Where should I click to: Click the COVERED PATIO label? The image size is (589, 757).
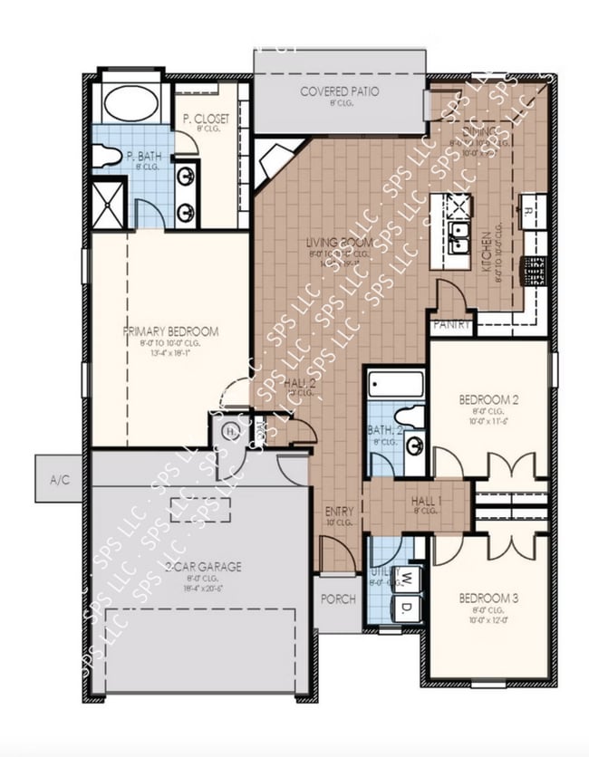[339, 91]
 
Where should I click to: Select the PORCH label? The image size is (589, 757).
[339, 599]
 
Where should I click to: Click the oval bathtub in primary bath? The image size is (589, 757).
[131, 102]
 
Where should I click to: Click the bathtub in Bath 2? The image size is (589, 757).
[396, 385]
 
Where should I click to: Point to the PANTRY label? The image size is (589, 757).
[450, 323]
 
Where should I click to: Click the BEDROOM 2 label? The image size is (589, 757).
[489, 399]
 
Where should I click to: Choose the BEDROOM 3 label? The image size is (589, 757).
[489, 599]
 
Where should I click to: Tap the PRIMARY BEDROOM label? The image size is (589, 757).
[171, 331]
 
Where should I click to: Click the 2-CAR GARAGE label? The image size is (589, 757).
[203, 567]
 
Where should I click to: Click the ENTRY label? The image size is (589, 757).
[339, 513]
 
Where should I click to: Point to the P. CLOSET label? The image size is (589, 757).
[206, 120]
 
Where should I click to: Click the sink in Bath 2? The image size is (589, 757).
[415, 446]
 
